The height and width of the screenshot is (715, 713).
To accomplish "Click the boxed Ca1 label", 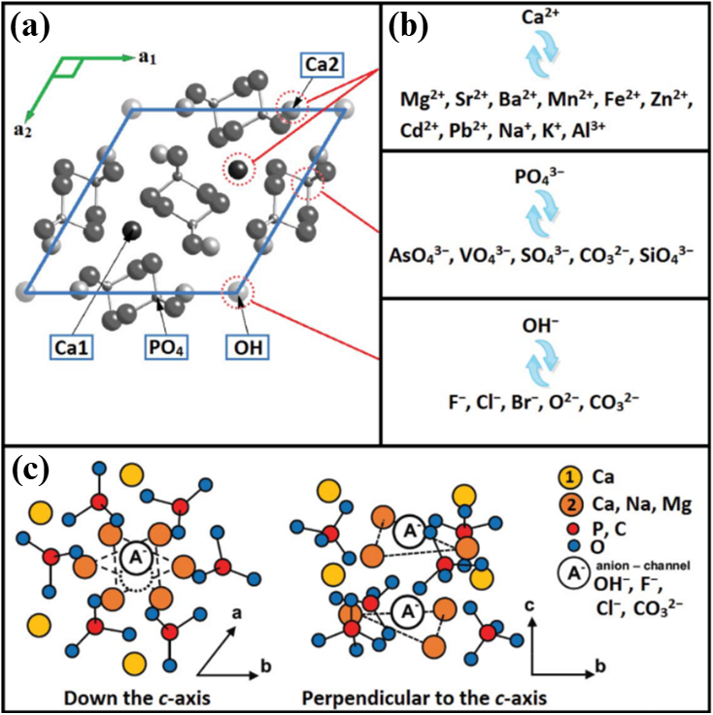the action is [x=72, y=348].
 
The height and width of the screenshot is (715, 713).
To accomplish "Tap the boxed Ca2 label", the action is [x=322, y=65].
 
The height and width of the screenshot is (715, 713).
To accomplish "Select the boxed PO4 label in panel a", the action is [x=166, y=348].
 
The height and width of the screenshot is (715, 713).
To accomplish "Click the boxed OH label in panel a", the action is [x=248, y=348].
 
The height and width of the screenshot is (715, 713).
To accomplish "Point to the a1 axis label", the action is [x=147, y=58].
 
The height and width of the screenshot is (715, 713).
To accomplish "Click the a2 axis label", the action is [x=22, y=131].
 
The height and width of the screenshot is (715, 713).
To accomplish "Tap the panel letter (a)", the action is [x=30, y=27].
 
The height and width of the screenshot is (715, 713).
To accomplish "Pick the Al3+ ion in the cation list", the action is [x=589, y=129].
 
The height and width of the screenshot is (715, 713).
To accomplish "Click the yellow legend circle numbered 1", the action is [x=569, y=478].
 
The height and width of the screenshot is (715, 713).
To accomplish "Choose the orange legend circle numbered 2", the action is [x=569, y=504].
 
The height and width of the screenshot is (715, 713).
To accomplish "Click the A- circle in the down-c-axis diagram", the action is [x=137, y=558].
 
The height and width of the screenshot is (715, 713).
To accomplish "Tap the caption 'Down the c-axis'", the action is [x=137, y=698].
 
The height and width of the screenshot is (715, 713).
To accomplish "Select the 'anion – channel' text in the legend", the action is [x=643, y=566].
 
